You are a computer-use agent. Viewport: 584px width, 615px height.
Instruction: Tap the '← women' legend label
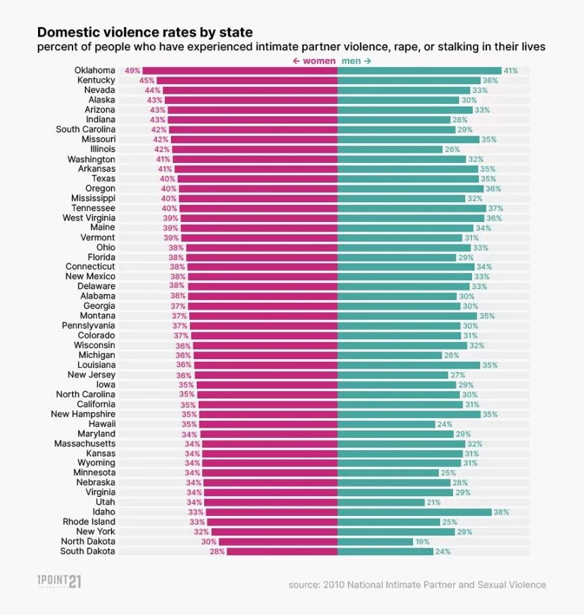(x=313, y=61)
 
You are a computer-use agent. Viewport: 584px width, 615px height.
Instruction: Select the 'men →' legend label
(x=357, y=61)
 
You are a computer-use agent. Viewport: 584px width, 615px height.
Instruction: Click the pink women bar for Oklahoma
(x=240, y=71)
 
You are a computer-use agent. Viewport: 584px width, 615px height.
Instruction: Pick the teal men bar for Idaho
(x=414, y=512)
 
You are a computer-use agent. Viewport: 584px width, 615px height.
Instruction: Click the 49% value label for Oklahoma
(x=132, y=71)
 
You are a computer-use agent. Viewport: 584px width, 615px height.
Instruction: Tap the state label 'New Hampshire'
(x=83, y=414)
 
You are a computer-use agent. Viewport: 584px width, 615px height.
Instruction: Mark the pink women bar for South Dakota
(x=282, y=551)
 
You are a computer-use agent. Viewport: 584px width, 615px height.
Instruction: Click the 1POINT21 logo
(x=59, y=582)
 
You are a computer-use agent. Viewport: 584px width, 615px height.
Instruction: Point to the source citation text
(x=416, y=584)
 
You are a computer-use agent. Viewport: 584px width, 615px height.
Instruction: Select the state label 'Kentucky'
(x=96, y=80)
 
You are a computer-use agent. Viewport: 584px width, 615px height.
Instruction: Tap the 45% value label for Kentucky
(x=147, y=80)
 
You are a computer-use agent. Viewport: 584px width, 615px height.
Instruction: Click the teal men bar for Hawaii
(x=386, y=424)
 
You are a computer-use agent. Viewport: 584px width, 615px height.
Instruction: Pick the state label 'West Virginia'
(x=89, y=218)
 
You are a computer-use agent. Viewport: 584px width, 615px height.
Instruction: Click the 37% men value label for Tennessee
(x=495, y=208)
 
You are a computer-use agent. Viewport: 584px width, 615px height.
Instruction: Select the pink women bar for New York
(x=274, y=532)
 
